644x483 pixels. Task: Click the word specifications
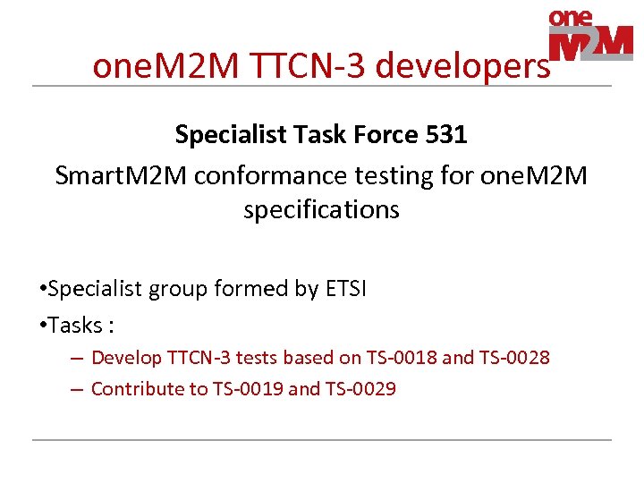[321, 209]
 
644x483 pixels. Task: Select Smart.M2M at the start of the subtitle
[120, 175]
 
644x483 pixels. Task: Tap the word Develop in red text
[127, 358]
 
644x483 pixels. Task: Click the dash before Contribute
[77, 389]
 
